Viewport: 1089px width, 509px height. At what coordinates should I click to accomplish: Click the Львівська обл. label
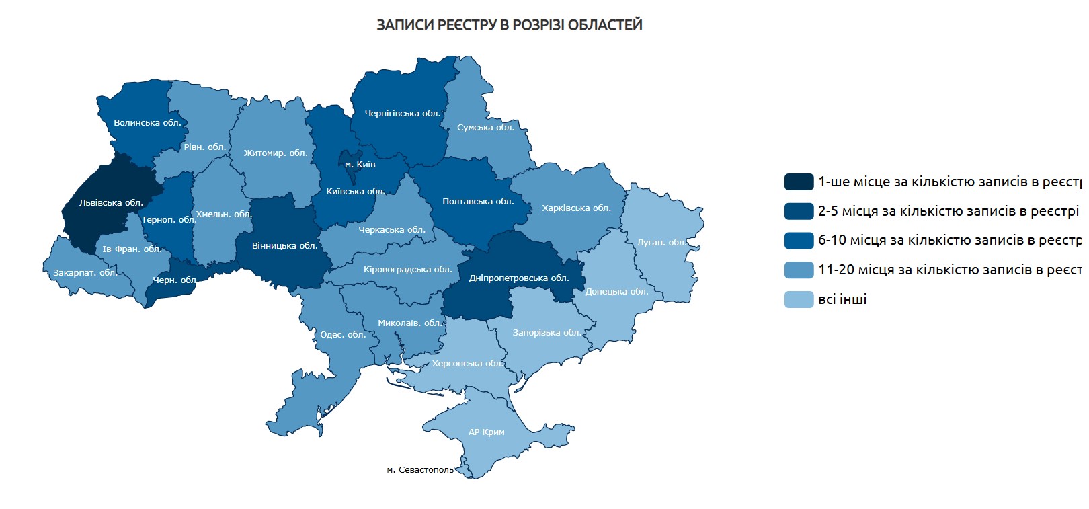point(111,202)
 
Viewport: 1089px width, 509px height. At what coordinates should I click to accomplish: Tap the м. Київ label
point(360,164)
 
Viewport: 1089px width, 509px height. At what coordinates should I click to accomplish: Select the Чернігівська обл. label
point(403,113)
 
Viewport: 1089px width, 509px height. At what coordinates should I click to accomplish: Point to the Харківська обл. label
point(576,208)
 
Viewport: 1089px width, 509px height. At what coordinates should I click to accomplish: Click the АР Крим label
point(486,432)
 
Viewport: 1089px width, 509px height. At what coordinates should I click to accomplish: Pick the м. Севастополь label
point(420,469)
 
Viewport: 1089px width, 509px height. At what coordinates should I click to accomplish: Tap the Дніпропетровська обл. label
point(519,278)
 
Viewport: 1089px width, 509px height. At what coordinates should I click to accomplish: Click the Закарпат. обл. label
point(85,272)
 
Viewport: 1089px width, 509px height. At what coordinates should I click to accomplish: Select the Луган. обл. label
point(661,242)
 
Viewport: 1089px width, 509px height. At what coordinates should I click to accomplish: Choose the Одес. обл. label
point(343,334)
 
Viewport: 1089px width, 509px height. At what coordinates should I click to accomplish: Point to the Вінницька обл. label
point(284,245)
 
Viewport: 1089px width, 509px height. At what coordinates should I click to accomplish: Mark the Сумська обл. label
point(485,127)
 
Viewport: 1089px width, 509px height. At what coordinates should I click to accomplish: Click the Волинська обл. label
point(147,122)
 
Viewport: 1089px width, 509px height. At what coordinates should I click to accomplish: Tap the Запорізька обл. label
point(547,332)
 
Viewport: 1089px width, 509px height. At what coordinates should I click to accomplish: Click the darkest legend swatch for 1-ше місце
point(799,182)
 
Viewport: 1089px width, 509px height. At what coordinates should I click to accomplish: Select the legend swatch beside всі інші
point(799,299)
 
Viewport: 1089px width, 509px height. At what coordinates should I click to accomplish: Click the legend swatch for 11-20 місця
point(799,270)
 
